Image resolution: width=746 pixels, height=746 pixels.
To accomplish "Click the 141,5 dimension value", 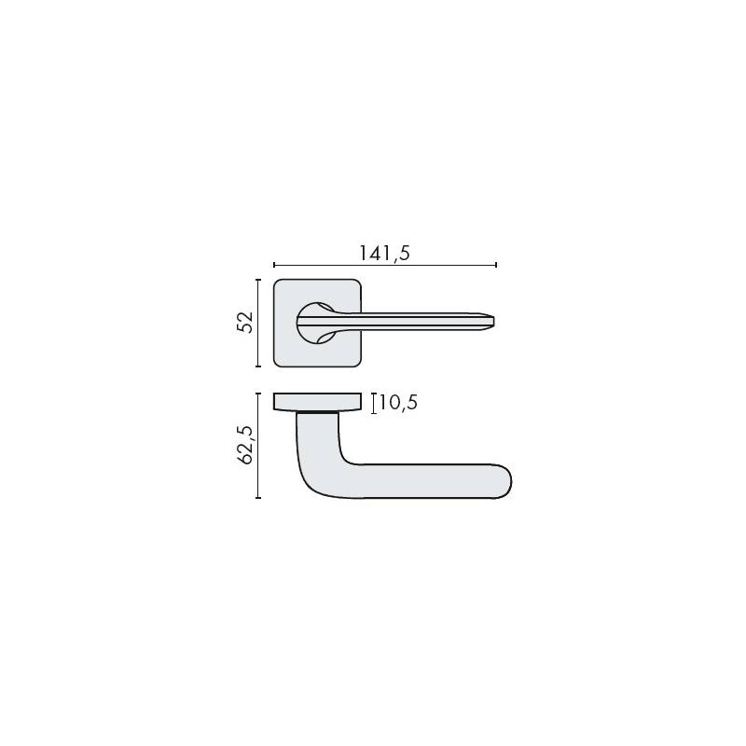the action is coord(384,254).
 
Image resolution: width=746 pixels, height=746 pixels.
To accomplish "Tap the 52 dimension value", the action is coord(245,323).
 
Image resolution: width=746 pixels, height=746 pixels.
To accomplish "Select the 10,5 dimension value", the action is coord(398,403).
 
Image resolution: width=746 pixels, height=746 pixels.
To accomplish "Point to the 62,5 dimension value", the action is coord(245,445).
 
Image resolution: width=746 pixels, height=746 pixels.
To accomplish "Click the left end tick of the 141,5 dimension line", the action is coord(274,265).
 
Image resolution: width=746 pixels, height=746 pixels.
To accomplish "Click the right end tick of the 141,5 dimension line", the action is coord(496,265).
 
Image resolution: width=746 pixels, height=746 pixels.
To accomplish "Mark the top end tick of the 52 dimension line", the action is coord(258,280).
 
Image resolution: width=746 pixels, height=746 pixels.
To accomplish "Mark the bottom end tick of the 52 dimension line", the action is coord(258,366).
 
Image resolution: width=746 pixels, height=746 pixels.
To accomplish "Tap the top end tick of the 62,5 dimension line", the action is coord(258,394).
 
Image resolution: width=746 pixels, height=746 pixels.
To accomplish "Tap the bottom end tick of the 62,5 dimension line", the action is coord(258,498).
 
